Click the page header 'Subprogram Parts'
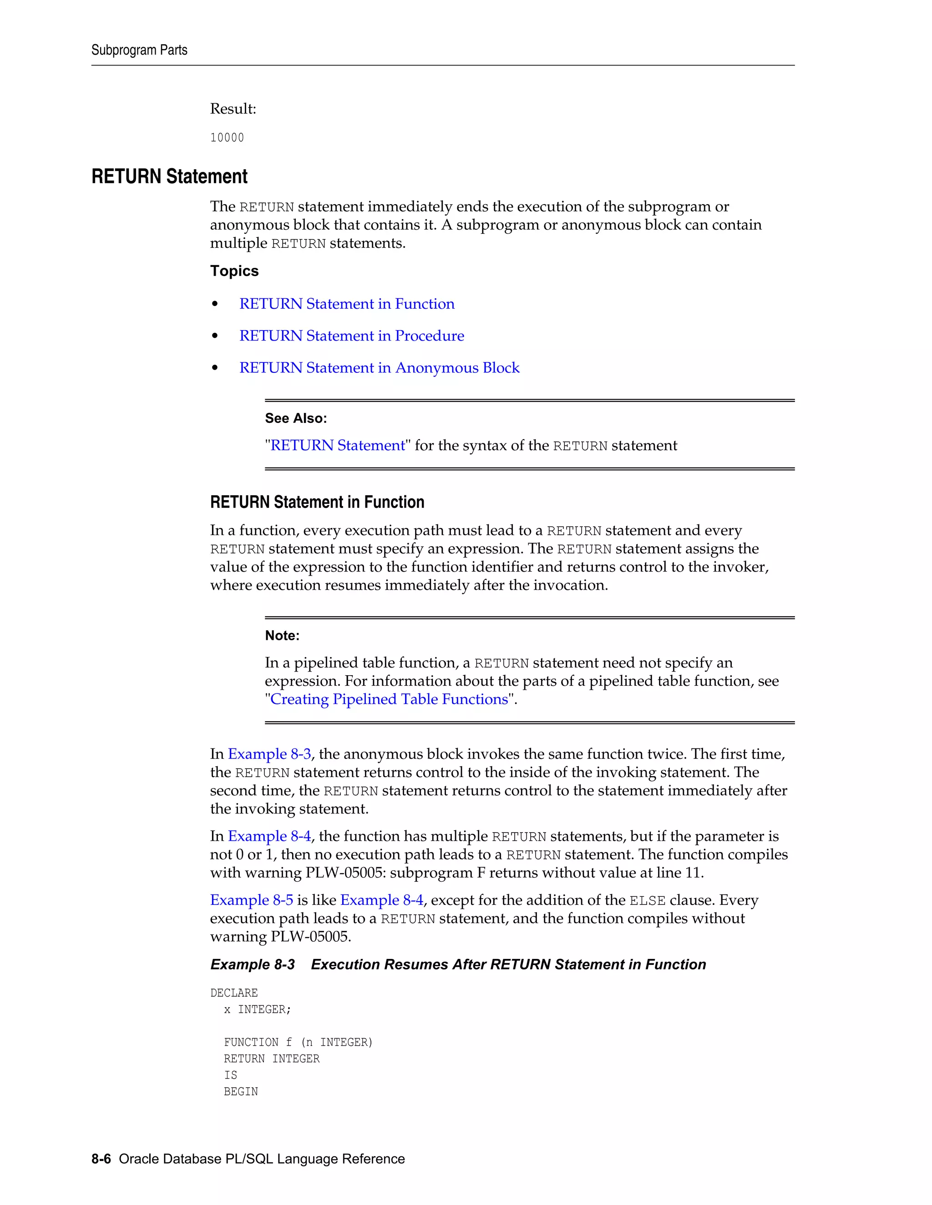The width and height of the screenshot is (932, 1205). pyautogui.click(x=139, y=50)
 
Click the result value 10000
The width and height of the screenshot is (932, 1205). pyautogui.click(x=227, y=138)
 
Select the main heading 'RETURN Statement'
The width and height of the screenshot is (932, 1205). pyautogui.click(x=169, y=176)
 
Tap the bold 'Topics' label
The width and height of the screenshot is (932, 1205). pyautogui.click(x=234, y=271)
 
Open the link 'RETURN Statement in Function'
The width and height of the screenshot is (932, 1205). pyautogui.click(x=347, y=304)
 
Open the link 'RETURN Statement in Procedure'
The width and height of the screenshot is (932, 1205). pyautogui.click(x=352, y=336)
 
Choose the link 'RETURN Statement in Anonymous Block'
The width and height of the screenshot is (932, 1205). pyautogui.click(x=380, y=368)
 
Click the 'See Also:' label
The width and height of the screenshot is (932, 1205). pyautogui.click(x=296, y=418)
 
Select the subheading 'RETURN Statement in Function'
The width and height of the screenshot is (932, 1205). pyautogui.click(x=317, y=502)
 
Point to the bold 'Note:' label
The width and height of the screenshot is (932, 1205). pyautogui.click(x=282, y=636)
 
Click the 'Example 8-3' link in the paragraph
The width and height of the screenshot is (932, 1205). pyautogui.click(x=269, y=754)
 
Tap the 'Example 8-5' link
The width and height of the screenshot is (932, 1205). pyautogui.click(x=252, y=900)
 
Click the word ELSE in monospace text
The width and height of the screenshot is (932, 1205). pyautogui.click(x=647, y=901)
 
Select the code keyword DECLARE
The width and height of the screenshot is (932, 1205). pyautogui.click(x=234, y=993)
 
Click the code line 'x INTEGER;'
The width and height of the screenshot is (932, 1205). pyautogui.click(x=257, y=1009)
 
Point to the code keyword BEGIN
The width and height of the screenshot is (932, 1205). pyautogui.click(x=241, y=1092)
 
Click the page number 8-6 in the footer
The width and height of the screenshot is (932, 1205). pyautogui.click(x=101, y=1159)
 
